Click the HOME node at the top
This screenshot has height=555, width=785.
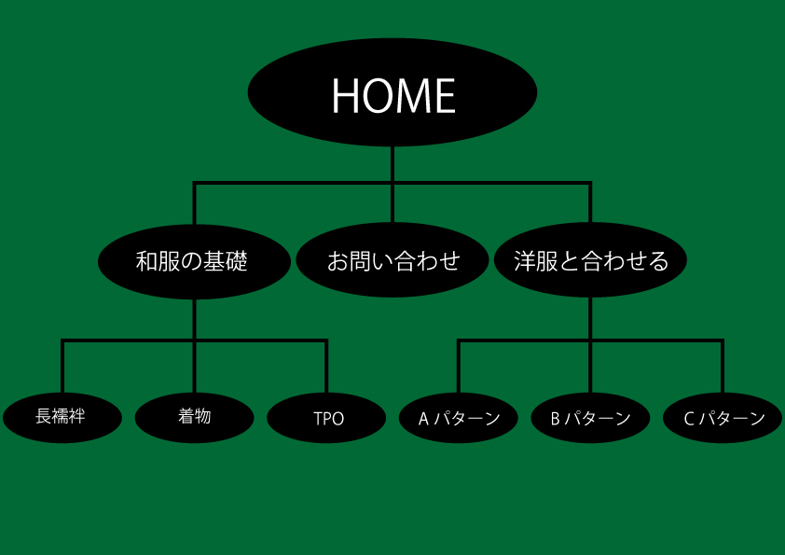(392, 92)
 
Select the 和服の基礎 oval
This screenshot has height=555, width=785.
(193, 261)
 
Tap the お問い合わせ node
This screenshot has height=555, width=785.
(392, 260)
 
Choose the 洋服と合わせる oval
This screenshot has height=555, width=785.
(590, 260)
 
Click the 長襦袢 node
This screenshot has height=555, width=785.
(62, 417)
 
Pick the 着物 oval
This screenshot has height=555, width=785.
(194, 417)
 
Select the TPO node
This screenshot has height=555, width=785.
(326, 418)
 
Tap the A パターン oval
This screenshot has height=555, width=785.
(459, 418)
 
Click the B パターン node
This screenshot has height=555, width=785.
(590, 418)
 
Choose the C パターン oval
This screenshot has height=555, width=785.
(723, 418)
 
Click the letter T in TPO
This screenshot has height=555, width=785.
(318, 419)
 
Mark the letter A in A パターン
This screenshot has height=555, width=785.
(422, 419)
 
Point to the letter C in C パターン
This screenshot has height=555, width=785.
(688, 419)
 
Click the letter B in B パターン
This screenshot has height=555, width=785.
(555, 419)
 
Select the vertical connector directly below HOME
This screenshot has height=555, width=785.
(392, 164)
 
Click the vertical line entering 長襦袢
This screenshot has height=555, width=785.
(62, 368)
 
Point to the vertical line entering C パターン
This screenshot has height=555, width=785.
(723, 368)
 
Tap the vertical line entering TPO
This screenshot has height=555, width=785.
(326, 368)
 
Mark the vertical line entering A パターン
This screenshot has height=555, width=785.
(459, 368)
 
